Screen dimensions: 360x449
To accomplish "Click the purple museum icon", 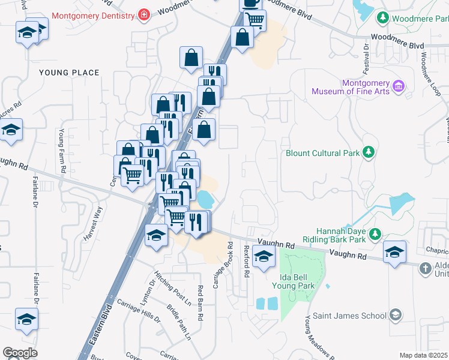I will tap(397, 88).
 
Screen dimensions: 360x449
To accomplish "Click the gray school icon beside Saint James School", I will tap(396, 314).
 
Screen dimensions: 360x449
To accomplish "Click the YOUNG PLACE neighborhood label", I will tap(69, 73).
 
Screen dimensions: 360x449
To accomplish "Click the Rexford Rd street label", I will tap(246, 260).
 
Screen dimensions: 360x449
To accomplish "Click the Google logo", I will tap(20, 352).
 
